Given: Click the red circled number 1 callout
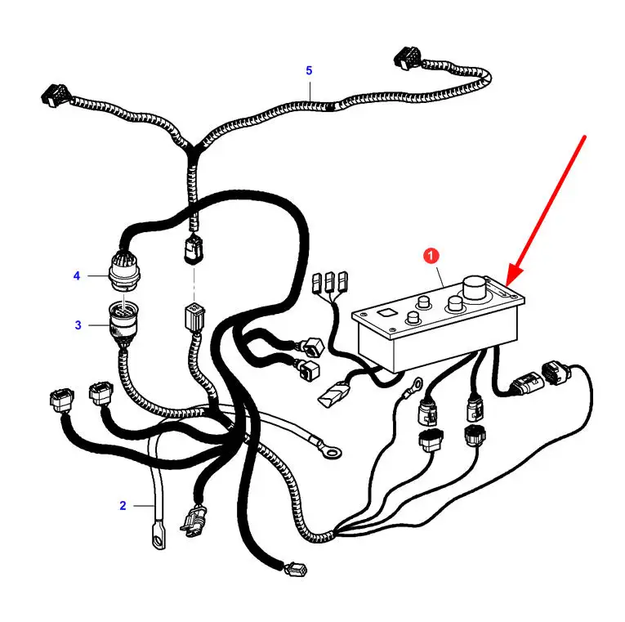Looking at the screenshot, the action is (x=431, y=256).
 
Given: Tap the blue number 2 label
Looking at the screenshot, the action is (x=123, y=506).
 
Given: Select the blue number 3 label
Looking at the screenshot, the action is (x=78, y=325).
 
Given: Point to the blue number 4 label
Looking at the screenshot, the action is (x=77, y=275).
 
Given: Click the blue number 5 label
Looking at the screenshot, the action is (x=309, y=70).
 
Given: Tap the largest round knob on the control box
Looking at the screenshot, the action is (x=475, y=288).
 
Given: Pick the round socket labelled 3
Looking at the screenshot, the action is (x=124, y=320).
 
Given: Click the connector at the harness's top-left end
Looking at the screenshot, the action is (x=55, y=95).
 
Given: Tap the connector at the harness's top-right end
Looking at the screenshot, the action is (x=408, y=56).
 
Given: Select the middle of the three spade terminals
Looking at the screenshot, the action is (x=329, y=281).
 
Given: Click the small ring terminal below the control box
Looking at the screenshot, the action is (x=416, y=385).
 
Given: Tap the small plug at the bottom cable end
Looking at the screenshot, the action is (x=296, y=569).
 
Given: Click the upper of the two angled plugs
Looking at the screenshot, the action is (x=312, y=346).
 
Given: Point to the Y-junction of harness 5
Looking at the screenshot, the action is (x=191, y=150).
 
